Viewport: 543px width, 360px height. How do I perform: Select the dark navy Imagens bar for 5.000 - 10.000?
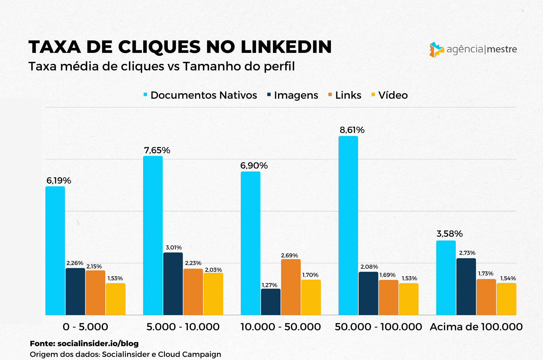[173, 284]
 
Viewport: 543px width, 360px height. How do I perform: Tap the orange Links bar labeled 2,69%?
[291, 287]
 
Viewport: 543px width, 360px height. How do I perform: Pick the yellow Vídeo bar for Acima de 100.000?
[506, 299]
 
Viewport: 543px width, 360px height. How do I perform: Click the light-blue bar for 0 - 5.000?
[55, 251]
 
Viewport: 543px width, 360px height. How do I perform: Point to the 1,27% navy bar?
[271, 302]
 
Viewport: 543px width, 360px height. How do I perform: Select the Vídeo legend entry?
[389, 95]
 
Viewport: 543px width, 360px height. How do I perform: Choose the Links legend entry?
[345, 95]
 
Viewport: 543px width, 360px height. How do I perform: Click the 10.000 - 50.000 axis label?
[281, 327]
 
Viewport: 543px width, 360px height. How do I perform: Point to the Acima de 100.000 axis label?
[476, 327]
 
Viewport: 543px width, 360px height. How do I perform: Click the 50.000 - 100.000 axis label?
[378, 327]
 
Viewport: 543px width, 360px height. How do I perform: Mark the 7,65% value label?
[157, 150]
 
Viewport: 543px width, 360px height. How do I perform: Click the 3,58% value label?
[449, 234]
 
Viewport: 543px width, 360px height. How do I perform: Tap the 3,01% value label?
[174, 247]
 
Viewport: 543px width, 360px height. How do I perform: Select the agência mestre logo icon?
[436, 49]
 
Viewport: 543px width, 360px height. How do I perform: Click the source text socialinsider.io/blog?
[98, 343]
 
